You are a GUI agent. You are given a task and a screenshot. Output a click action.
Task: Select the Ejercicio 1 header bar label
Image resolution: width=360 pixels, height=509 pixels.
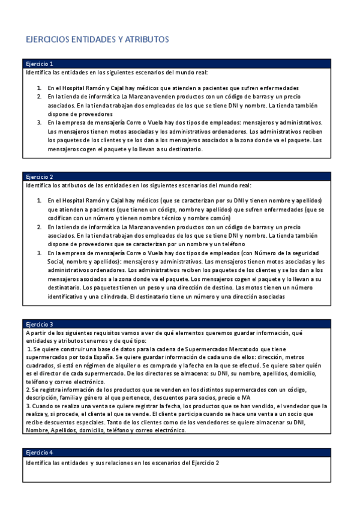[x=40, y=64]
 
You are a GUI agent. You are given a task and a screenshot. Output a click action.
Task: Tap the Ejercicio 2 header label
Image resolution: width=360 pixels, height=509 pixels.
[x=40, y=177]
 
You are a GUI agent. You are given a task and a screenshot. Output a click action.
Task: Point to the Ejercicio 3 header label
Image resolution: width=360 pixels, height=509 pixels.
[x=40, y=324]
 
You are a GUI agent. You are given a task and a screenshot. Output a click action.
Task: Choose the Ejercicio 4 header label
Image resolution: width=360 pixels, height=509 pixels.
[x=40, y=452]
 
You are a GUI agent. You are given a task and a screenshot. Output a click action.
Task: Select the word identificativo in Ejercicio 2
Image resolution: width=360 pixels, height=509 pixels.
[x=69, y=296]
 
